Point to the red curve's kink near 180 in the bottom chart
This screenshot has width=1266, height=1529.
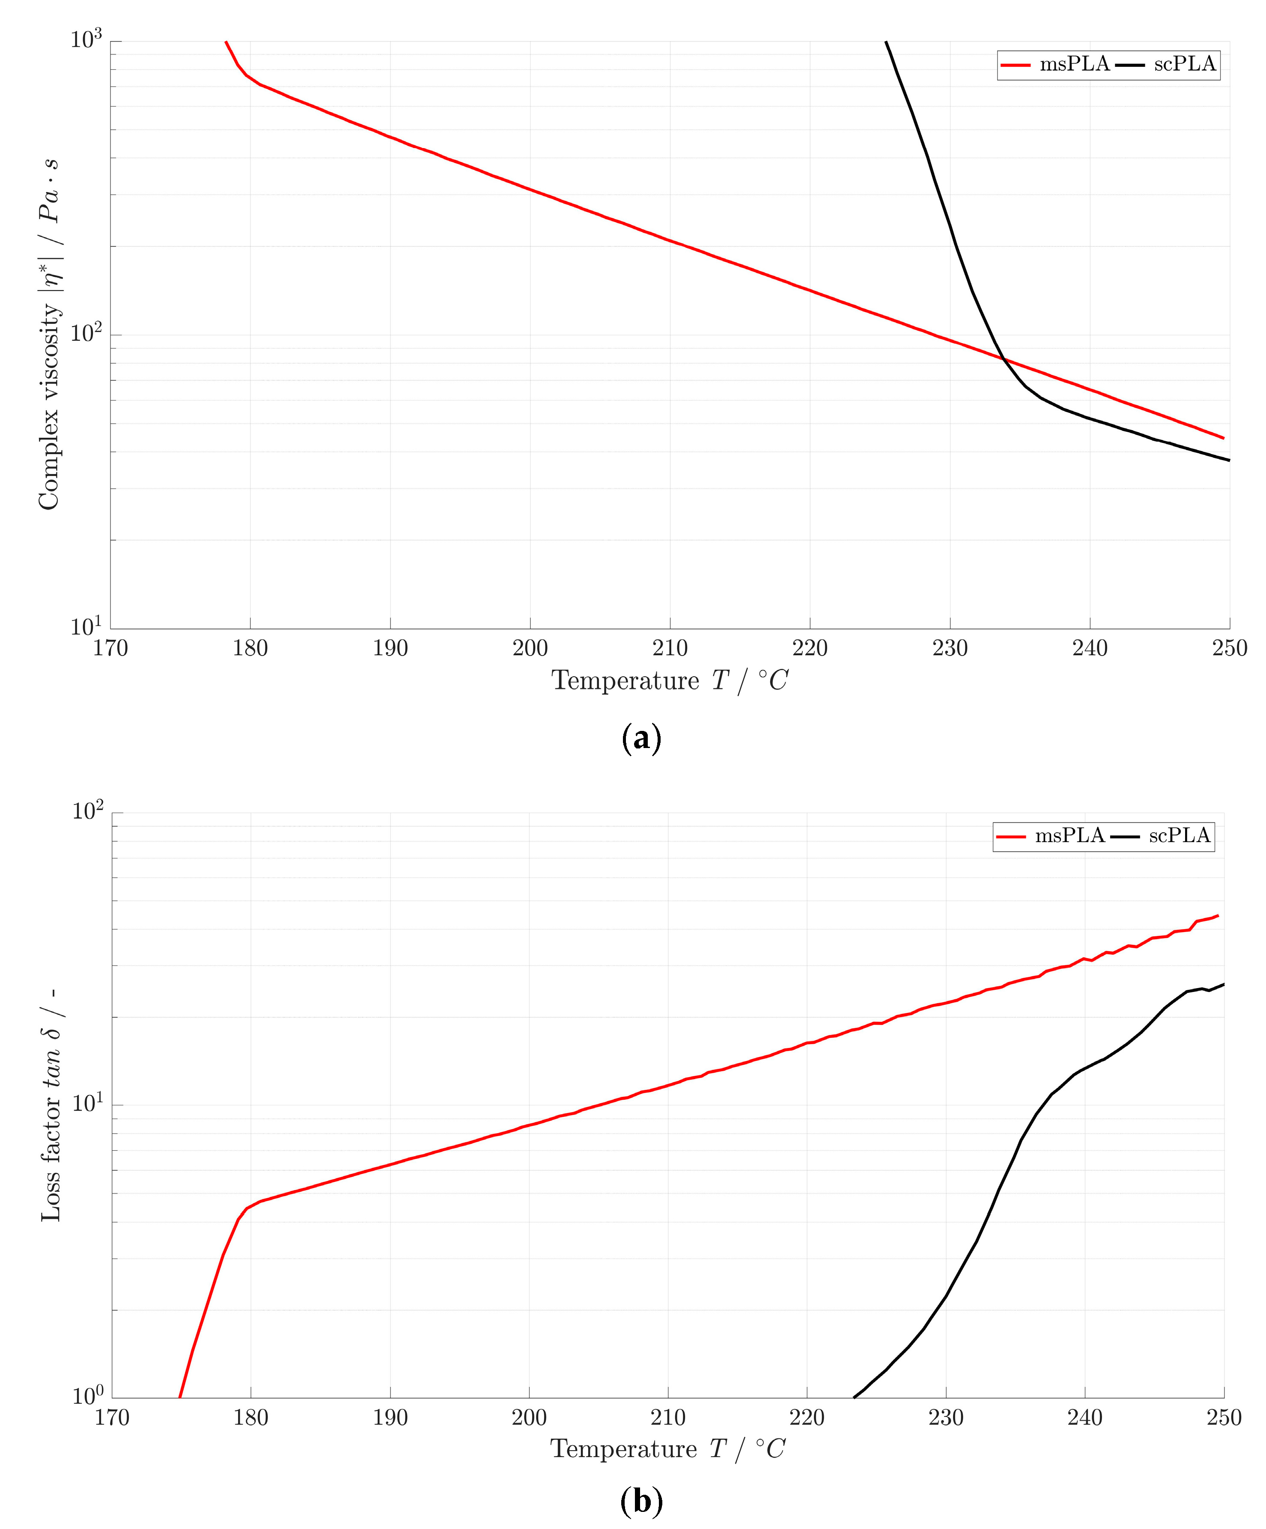click(x=247, y=1208)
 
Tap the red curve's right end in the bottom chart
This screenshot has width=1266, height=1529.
click(x=1217, y=916)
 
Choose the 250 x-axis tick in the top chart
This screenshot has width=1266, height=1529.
click(x=1230, y=648)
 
